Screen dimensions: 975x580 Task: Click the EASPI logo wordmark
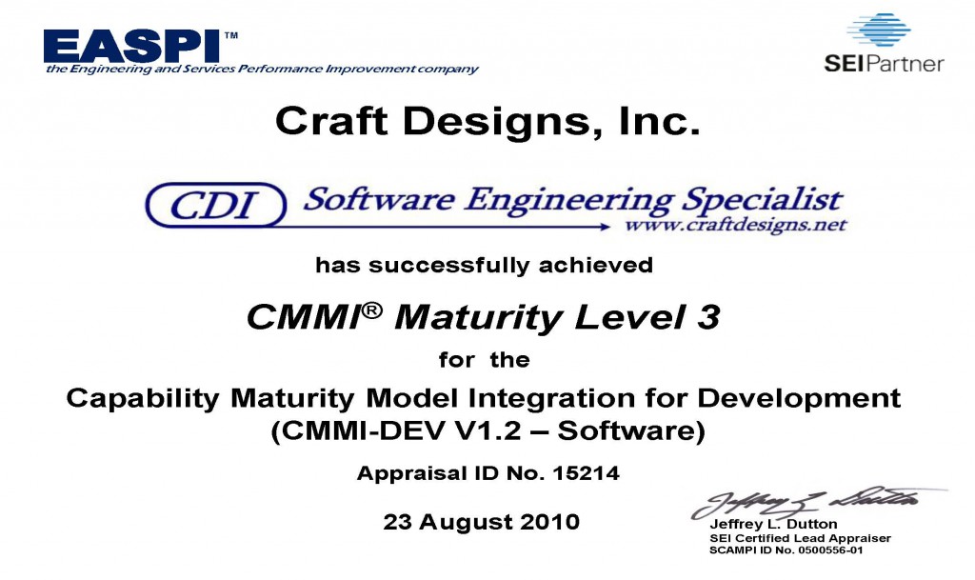[x=131, y=46]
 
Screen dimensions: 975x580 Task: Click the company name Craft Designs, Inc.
[x=487, y=121]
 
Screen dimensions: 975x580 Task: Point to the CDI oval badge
[x=216, y=205]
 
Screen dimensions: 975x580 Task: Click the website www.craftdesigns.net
[x=736, y=225]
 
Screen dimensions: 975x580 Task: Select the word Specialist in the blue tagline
[x=762, y=200]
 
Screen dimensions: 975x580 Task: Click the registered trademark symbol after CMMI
[x=372, y=310]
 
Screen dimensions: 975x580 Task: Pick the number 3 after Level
[x=708, y=317]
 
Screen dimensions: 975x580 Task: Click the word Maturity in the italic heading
[x=479, y=318]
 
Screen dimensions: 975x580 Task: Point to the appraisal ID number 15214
[x=586, y=473]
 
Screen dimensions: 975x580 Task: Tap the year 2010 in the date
[x=549, y=522]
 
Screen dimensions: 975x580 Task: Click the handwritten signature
[x=815, y=501]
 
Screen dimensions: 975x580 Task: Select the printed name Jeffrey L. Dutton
[x=773, y=524]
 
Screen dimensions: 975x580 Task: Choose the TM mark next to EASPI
[x=230, y=35]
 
